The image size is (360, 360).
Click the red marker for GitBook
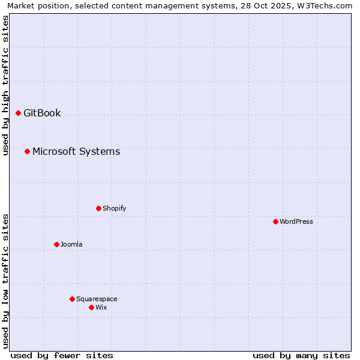(18, 113)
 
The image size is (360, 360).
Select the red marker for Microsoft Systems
(27, 151)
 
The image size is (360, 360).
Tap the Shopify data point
(98, 208)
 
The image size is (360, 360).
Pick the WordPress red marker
(275, 221)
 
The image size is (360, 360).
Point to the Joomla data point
(56, 244)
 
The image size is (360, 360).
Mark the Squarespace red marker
(72, 299)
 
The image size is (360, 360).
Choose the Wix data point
(91, 307)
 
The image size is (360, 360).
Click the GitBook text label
(42, 113)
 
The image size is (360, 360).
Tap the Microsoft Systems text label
(76, 151)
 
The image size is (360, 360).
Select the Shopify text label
(114, 208)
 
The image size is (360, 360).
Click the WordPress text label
(296, 221)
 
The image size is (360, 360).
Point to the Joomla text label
(71, 244)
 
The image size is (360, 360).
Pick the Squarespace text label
(97, 299)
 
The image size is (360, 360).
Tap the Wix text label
(101, 307)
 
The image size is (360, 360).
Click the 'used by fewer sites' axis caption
(62, 355)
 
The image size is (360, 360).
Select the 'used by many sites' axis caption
(301, 355)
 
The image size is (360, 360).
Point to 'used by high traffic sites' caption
(5, 85)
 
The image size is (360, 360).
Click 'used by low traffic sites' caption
(5, 280)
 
